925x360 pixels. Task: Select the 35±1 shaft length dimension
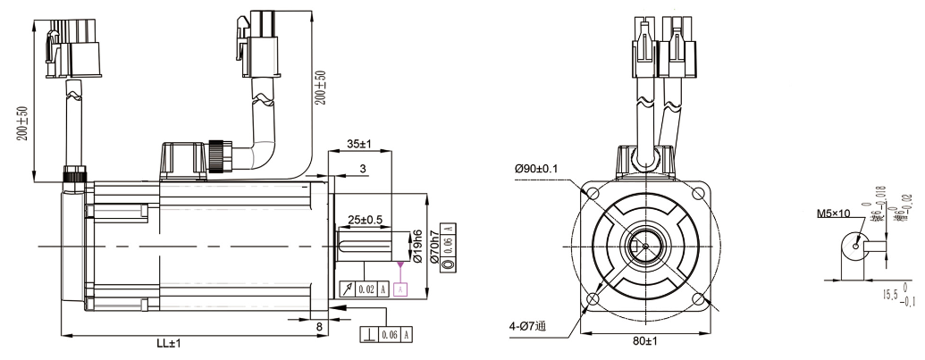(x=358, y=143)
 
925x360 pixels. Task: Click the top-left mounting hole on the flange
(x=592, y=193)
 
